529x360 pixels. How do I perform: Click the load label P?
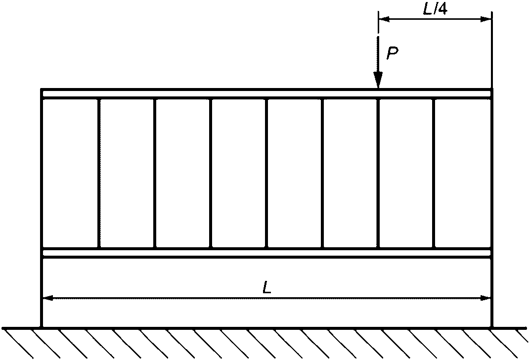(393, 54)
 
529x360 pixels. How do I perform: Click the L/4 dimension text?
(435, 9)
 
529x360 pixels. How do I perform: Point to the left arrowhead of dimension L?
(47, 298)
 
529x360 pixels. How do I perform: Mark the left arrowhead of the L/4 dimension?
(384, 19)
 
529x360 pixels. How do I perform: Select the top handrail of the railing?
(266, 93)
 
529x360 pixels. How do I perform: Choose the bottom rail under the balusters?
(266, 253)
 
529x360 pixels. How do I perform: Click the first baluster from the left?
(99, 173)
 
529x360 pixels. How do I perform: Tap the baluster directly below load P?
(378, 173)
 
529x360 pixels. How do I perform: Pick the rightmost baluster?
(434, 173)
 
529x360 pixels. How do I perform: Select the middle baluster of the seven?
(266, 173)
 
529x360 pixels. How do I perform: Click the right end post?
(492, 208)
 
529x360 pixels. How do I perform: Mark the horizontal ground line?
(266, 327)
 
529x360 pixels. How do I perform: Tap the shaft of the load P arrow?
(378, 57)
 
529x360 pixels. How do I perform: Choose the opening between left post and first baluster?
(70, 173)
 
